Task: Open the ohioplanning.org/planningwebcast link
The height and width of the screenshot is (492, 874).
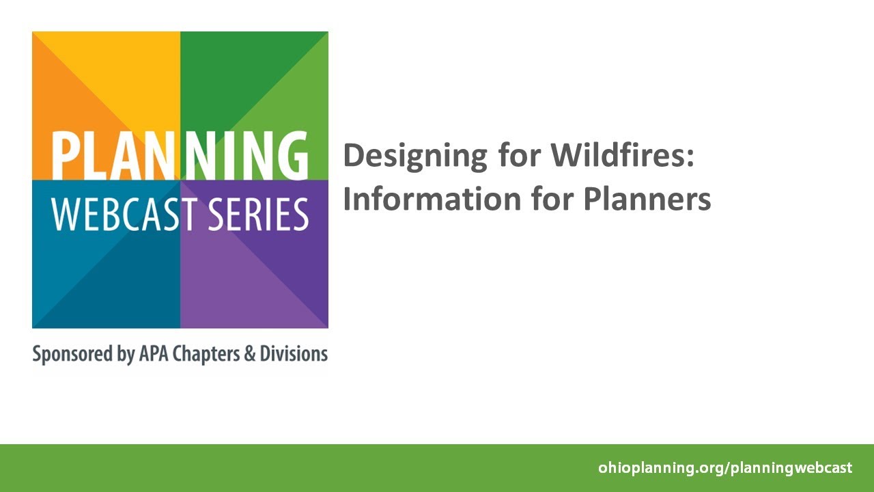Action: [x=725, y=468]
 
